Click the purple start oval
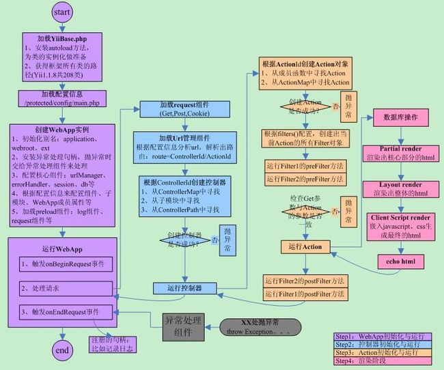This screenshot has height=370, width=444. coord(61,12)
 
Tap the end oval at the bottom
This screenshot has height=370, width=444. coord(62,351)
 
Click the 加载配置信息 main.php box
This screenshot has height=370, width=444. coord(61,98)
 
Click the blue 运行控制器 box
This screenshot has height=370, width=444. coord(184,288)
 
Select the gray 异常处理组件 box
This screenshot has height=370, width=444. coord(183,327)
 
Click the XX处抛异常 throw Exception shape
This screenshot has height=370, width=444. coord(260,327)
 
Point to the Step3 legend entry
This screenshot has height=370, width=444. coord(385,352)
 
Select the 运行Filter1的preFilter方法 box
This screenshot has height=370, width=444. coord(305,166)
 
